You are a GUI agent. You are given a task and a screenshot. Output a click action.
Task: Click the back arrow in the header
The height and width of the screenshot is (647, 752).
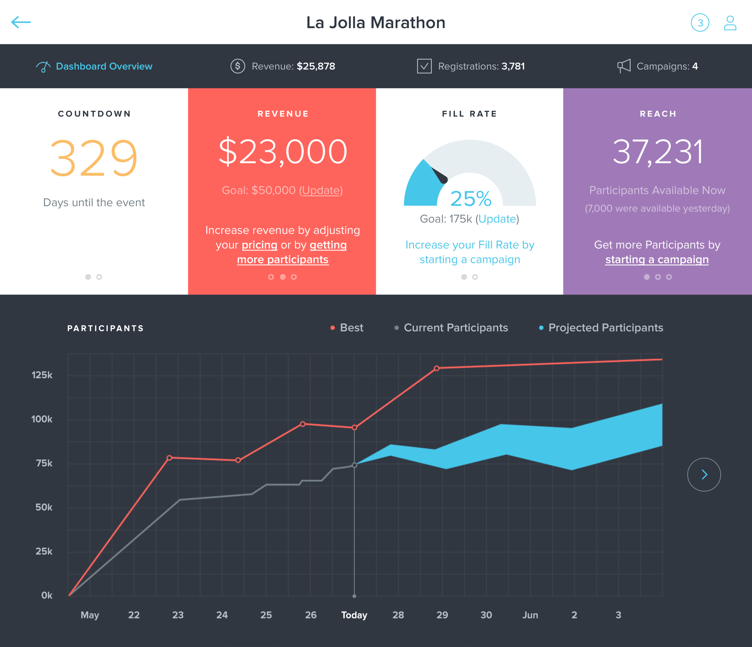pos(21,22)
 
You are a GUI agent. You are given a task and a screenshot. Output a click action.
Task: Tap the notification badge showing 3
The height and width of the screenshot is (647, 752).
pos(700,23)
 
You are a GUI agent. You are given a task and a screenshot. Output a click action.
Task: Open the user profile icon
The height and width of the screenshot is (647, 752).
pos(730,23)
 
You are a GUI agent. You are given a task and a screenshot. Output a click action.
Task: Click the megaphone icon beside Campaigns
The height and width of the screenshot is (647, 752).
pos(624,66)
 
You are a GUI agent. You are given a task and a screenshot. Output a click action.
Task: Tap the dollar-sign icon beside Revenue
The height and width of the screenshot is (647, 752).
pos(238,66)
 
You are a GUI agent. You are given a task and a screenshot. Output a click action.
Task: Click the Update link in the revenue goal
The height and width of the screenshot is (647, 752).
pos(321,190)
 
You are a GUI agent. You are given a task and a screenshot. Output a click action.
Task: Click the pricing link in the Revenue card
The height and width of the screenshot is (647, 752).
pos(259,245)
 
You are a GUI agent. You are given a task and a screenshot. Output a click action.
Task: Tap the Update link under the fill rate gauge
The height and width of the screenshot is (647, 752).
pos(497,219)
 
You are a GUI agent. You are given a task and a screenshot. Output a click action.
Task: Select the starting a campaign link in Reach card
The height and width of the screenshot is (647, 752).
pos(657,259)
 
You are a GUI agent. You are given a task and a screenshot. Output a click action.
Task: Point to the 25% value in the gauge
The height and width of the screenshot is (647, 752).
pos(471,198)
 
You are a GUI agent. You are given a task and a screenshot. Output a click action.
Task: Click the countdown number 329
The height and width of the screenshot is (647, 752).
pos(94,158)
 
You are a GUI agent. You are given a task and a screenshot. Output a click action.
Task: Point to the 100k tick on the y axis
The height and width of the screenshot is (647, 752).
pos(42,419)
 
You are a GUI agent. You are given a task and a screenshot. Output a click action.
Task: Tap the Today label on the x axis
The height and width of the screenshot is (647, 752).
pos(354,615)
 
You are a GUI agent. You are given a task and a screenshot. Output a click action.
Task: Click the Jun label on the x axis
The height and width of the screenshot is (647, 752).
pos(530,615)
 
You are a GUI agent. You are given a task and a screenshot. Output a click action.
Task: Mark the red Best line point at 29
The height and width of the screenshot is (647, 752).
pos(437,368)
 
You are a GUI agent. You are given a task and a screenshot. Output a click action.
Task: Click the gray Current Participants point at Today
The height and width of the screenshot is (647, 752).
pos(354,465)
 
